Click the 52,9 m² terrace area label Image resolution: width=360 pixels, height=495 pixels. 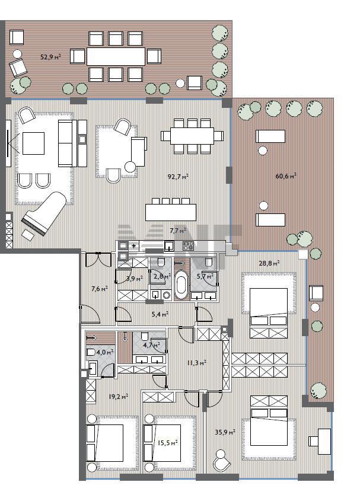click(50, 57)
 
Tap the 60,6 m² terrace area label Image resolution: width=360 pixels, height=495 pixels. click(286, 176)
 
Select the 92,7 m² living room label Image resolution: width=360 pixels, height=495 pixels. click(178, 177)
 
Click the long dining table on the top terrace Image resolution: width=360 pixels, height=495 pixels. click(116, 56)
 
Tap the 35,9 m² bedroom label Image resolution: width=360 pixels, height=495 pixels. click(225, 432)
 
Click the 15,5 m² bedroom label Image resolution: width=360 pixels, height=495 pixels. click(167, 443)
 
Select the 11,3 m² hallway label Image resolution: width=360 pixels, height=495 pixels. click(196, 363)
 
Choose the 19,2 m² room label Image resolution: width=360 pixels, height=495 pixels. click(118, 396)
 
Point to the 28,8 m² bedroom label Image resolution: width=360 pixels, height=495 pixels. click(269, 263)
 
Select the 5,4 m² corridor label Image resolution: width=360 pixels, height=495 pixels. click(160, 314)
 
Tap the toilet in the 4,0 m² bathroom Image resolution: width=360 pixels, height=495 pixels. click(91, 352)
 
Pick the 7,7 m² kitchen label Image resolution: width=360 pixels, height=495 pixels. click(178, 231)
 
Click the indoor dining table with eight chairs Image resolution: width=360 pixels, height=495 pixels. click(192, 136)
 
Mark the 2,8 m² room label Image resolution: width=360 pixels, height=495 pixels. click(162, 276)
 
